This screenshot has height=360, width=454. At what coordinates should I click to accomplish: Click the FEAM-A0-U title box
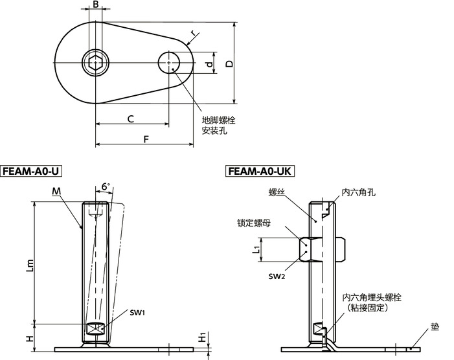click(x=32, y=172)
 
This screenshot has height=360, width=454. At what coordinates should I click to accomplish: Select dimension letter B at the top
click(x=96, y=5)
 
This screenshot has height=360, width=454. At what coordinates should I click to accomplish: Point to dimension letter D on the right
click(x=229, y=63)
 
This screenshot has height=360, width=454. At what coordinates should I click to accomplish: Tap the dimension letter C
click(x=130, y=119)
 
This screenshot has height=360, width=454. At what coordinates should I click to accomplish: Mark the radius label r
click(x=193, y=32)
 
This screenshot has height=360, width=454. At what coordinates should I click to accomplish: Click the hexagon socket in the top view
click(x=96, y=63)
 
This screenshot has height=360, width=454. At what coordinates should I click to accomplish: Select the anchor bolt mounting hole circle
click(x=170, y=63)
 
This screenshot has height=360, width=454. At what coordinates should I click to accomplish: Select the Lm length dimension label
click(x=28, y=265)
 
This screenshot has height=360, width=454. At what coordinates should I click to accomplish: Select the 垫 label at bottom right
click(x=434, y=327)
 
